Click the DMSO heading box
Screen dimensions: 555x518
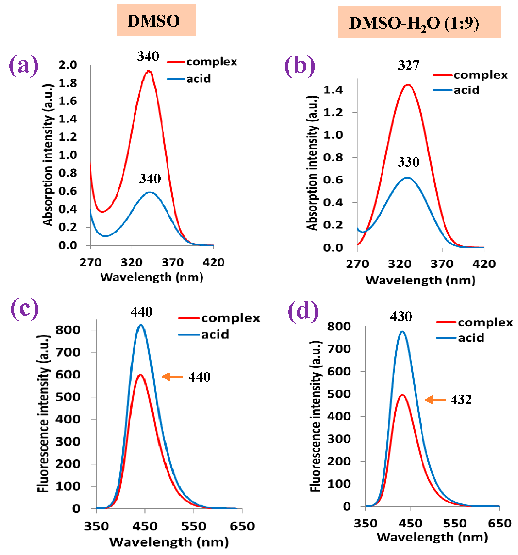[x=156, y=21]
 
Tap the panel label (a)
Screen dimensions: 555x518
[x=24, y=65]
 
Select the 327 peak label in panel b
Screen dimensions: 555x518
[x=408, y=65]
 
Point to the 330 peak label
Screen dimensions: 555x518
[x=408, y=162]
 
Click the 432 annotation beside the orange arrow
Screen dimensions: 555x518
[x=461, y=400]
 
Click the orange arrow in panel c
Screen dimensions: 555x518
[x=172, y=377]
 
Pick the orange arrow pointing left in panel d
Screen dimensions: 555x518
[x=435, y=400]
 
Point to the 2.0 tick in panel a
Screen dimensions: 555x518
[x=68, y=65]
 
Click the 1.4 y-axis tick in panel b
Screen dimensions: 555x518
[x=333, y=90]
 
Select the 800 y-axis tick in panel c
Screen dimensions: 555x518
[x=68, y=330]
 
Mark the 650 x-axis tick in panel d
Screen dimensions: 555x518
[x=499, y=523]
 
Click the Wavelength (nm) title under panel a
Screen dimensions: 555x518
[x=152, y=277]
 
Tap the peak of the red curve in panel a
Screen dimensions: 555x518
[x=148, y=71]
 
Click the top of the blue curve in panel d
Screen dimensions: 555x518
[x=402, y=331]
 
